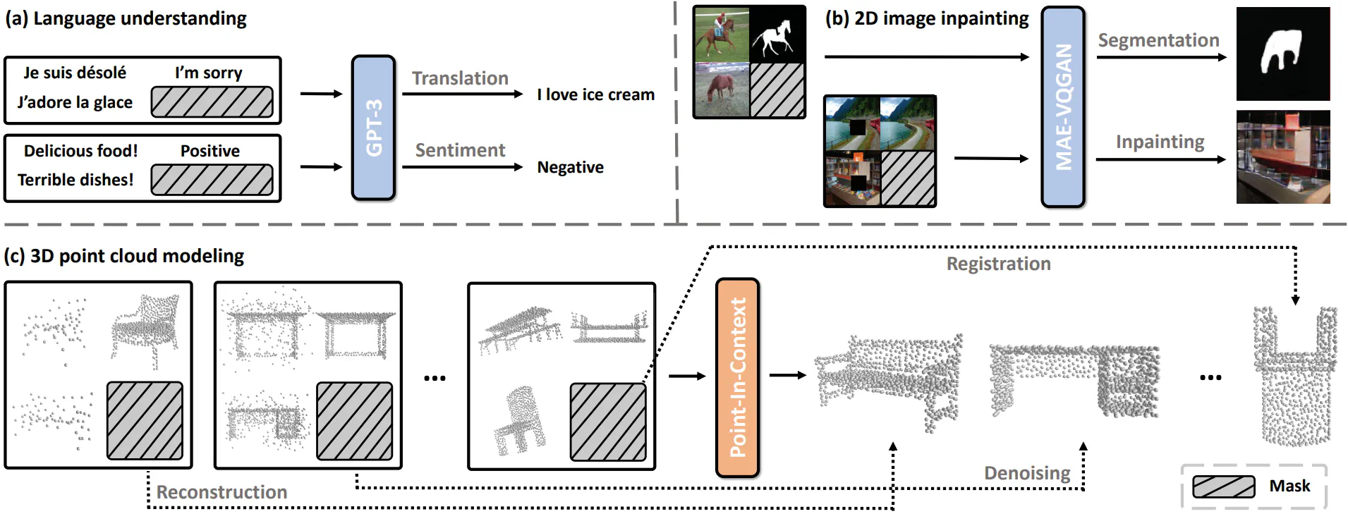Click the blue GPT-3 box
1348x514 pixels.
(x=373, y=128)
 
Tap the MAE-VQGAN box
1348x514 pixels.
(x=1063, y=107)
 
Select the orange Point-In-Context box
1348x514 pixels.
(x=737, y=378)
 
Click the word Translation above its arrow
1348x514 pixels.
(x=460, y=78)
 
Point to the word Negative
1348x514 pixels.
(x=570, y=168)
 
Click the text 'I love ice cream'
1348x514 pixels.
(x=595, y=94)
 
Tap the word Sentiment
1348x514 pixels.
(x=460, y=150)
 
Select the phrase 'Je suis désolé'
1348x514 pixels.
(x=75, y=73)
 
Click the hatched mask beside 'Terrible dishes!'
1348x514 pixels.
(x=212, y=180)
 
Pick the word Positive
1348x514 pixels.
(x=210, y=151)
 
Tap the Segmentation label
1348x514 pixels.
(x=1158, y=41)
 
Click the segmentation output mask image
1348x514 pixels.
(x=1282, y=54)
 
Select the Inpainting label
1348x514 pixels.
(x=1160, y=142)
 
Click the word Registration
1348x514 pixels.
(x=998, y=264)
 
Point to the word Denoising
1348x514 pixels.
(x=1027, y=473)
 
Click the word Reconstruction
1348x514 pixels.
(x=221, y=492)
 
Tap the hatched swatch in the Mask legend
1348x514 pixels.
(x=1223, y=487)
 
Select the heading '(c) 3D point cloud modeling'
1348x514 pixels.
(x=124, y=256)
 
